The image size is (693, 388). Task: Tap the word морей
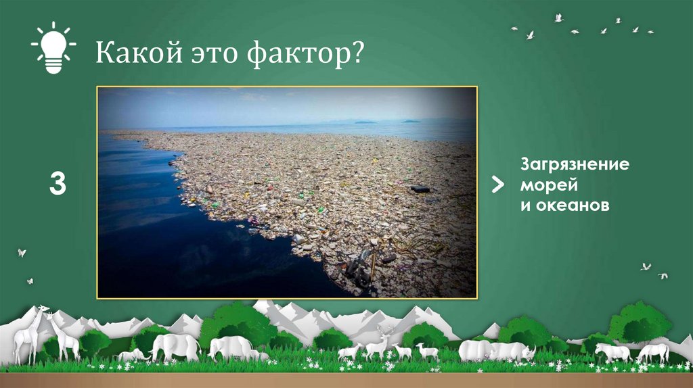(544, 185)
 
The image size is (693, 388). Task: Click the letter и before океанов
(524, 204)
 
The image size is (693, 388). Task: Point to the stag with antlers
(377, 344)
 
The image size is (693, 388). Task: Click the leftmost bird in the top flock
(514, 28)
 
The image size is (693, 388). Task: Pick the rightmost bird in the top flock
(650, 31)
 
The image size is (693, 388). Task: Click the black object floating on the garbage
(419, 189)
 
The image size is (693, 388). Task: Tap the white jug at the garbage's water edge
(298, 239)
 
